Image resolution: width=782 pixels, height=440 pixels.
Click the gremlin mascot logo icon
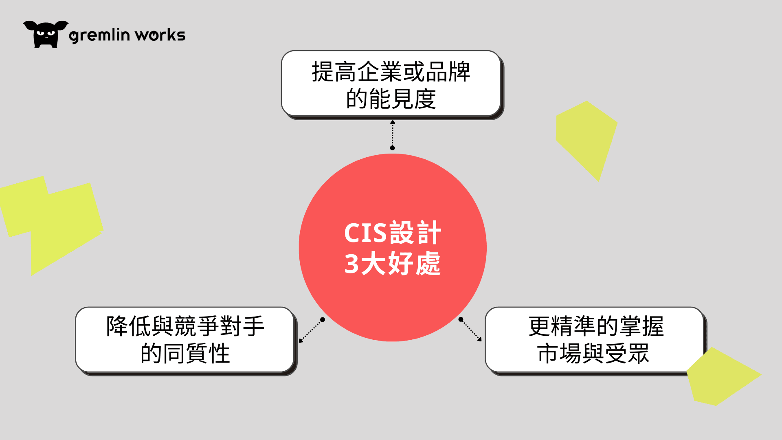click(x=46, y=35)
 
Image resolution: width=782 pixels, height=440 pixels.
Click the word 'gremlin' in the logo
click(x=99, y=35)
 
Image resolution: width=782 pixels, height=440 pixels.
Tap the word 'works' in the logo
click(x=160, y=35)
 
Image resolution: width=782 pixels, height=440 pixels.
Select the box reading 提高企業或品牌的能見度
click(x=392, y=84)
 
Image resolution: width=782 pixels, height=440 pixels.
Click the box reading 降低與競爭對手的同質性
click(x=186, y=341)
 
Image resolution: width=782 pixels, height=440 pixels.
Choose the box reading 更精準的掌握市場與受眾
click(x=595, y=341)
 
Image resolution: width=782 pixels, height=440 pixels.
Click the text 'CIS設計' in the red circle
click(x=393, y=233)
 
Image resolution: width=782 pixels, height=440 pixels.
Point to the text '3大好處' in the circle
click(x=393, y=264)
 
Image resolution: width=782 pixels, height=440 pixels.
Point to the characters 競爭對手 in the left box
click(x=220, y=326)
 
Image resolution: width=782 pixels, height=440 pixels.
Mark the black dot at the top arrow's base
click(x=392, y=148)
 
